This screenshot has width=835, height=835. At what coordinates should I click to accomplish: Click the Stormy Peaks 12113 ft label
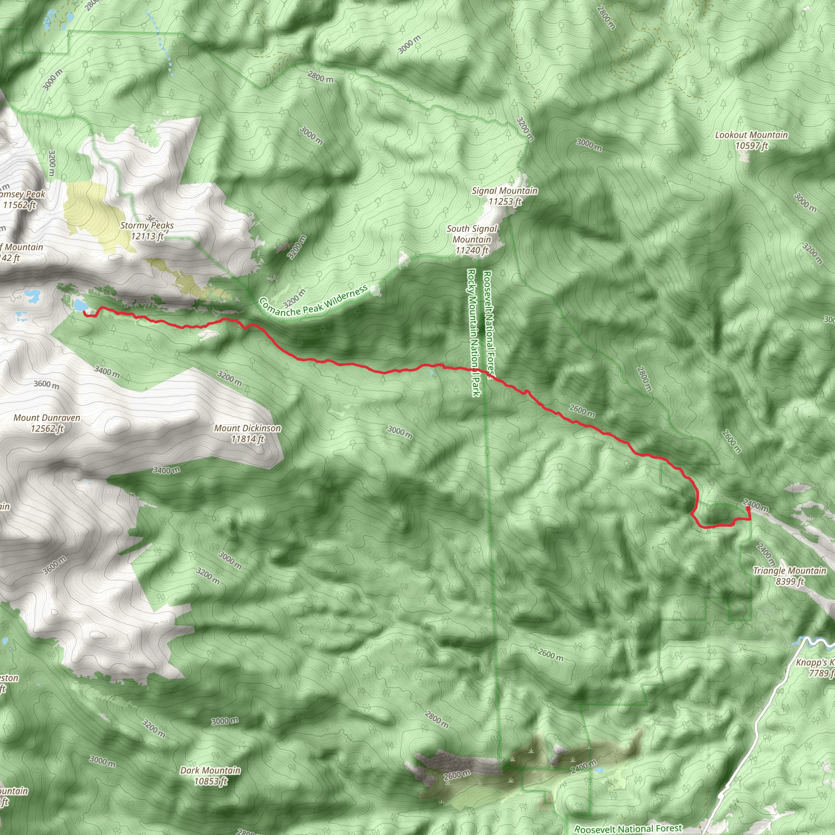(x=147, y=231)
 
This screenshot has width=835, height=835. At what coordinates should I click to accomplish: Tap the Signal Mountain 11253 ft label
(x=504, y=196)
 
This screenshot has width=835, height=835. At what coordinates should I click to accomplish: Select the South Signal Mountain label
(x=472, y=239)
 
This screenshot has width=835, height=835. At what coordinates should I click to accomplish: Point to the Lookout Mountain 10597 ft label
(x=751, y=140)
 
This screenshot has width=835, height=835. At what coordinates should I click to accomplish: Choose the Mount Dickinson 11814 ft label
(x=247, y=433)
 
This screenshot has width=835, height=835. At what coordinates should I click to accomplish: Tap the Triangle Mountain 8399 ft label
(x=790, y=576)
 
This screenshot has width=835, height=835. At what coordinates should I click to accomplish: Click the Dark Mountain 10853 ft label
(x=210, y=775)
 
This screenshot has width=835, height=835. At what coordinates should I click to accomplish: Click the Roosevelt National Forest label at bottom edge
(x=628, y=828)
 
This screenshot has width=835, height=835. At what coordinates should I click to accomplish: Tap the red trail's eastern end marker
(x=748, y=509)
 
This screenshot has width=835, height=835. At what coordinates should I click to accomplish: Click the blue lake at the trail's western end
(x=79, y=305)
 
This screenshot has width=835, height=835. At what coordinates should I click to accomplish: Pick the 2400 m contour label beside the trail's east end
(x=755, y=505)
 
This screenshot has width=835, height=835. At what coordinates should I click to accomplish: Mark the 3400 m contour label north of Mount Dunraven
(x=107, y=372)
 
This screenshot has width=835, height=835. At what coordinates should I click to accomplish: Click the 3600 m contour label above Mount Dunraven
(x=46, y=384)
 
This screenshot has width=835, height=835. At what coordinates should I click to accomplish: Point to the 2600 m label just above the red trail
(x=582, y=411)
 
